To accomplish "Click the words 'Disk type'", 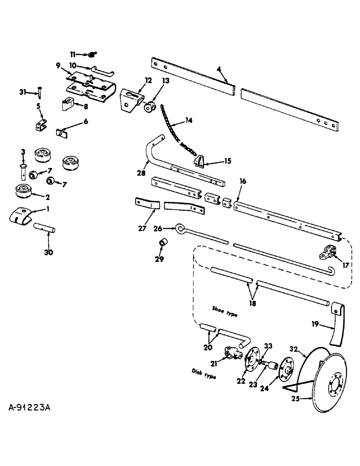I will (204, 374).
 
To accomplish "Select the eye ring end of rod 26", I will (181, 228).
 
